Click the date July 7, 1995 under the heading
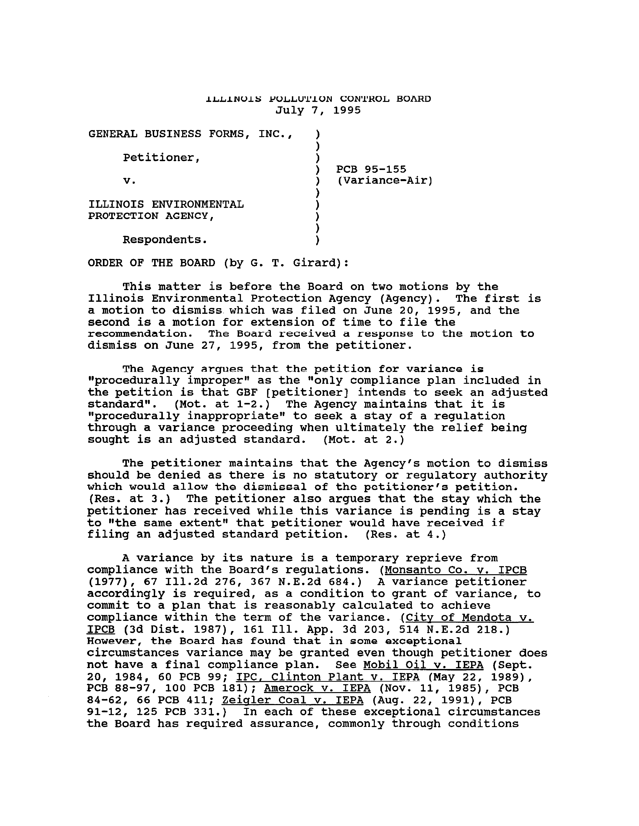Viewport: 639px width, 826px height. click(318, 110)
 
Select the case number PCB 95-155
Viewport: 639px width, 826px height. click(371, 169)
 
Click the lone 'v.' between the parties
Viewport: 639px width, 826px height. click(129, 181)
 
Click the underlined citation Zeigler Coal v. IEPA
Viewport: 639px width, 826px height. click(293, 700)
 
